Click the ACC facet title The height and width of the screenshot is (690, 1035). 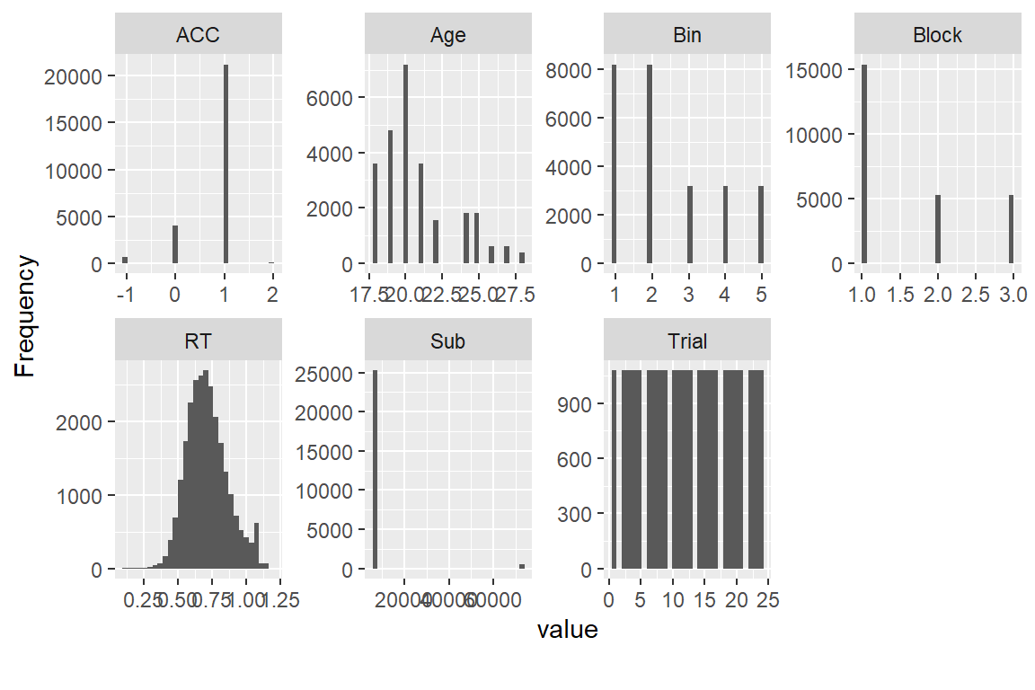click(199, 35)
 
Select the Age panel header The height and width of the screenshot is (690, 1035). click(448, 35)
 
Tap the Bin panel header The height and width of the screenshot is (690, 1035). click(687, 35)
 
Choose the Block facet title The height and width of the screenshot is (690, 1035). click(937, 35)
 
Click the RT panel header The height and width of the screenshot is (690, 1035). click(199, 341)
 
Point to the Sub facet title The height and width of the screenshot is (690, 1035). click(448, 341)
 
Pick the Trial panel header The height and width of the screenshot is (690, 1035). click(687, 341)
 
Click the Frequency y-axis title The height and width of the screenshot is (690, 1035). click(27, 316)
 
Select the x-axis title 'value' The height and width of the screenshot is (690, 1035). click(567, 631)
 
